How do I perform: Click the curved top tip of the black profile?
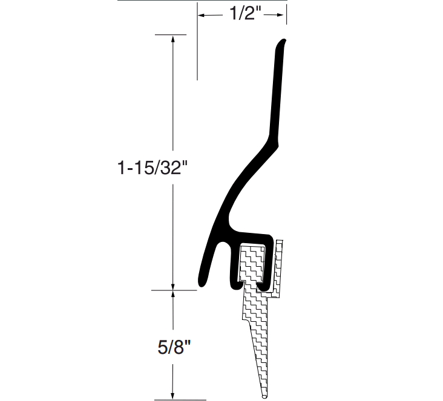[282, 42]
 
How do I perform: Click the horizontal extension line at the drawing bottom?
[176, 400]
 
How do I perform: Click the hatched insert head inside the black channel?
[252, 263]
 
